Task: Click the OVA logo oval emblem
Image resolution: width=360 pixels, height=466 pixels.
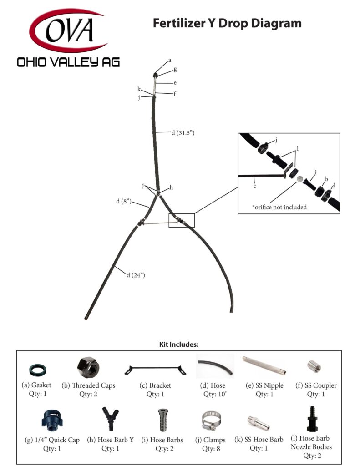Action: tap(68, 31)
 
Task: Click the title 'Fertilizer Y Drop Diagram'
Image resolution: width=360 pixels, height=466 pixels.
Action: tap(227, 23)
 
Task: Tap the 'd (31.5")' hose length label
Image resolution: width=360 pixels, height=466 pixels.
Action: tap(183, 133)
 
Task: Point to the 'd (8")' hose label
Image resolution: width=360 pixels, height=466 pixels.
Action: tap(124, 201)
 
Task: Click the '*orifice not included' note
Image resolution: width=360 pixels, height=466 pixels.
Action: tap(279, 207)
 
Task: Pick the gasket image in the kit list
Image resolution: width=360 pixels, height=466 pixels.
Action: tap(37, 369)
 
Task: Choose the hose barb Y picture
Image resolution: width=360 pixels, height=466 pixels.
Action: tap(111, 419)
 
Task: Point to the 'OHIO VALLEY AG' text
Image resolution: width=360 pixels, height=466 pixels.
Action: tap(68, 62)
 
